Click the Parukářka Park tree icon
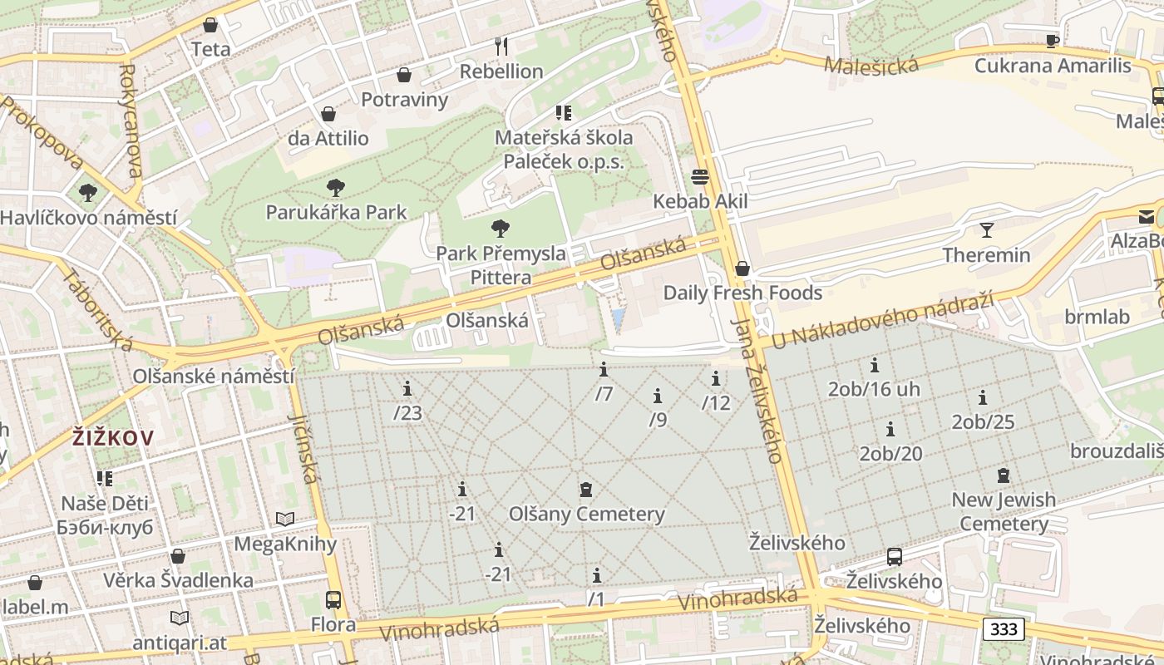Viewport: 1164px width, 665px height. point(336,187)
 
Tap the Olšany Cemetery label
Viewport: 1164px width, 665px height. point(587,514)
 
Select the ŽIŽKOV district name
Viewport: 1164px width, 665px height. point(112,437)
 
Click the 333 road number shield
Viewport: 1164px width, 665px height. point(1004,629)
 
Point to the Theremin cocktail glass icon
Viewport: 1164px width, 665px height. point(986,230)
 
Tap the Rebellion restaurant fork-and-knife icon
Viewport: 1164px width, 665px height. point(501,47)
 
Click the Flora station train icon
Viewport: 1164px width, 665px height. point(333,599)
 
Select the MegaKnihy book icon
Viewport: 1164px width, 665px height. point(285,520)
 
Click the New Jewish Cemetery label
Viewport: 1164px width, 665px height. point(1004,511)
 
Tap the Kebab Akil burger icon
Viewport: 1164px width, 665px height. point(699,176)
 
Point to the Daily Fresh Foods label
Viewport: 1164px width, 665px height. point(742,293)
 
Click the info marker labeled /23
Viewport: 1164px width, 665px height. point(407,388)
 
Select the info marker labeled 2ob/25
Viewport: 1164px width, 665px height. point(983,397)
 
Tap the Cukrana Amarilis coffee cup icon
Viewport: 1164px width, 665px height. point(1053,41)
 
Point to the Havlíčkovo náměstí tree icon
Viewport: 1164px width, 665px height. point(87,193)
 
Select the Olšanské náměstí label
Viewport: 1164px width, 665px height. point(214,376)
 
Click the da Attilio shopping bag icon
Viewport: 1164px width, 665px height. point(328,113)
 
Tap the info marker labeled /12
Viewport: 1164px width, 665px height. point(716,378)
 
